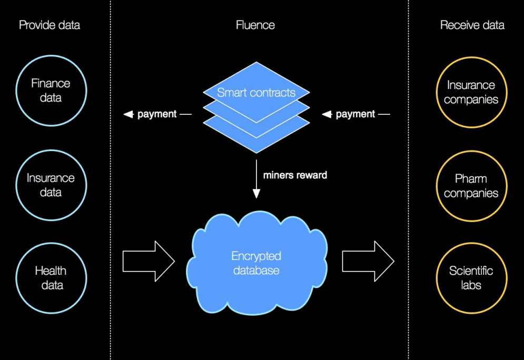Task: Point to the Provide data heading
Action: [50, 25]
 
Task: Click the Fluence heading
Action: [255, 25]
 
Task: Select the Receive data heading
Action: [472, 25]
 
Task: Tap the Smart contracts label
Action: [256, 93]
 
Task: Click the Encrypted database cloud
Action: [256, 263]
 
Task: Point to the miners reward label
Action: [295, 175]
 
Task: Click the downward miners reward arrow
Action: [256, 179]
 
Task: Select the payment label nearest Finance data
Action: [157, 114]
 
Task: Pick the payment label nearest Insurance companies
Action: [355, 114]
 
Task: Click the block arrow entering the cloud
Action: [149, 261]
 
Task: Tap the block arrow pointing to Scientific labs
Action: [368, 261]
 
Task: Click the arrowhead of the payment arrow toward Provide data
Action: [128, 114]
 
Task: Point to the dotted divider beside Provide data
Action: [110, 180]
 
